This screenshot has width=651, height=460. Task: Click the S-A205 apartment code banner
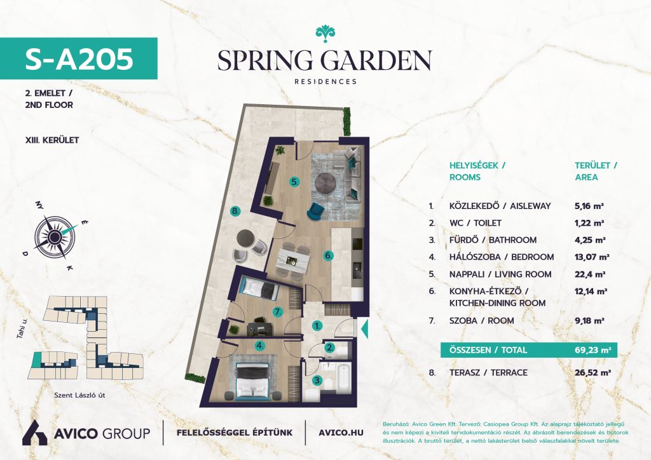(78, 58)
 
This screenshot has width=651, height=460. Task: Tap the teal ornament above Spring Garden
(325, 34)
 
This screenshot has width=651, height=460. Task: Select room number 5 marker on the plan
(294, 182)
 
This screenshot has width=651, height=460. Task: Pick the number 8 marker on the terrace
(236, 212)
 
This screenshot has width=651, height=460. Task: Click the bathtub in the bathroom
(344, 377)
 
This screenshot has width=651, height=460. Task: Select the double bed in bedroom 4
(253, 381)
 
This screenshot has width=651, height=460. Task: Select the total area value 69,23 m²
(593, 349)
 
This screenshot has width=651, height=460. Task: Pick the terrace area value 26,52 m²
(593, 372)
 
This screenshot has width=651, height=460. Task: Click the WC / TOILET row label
(476, 223)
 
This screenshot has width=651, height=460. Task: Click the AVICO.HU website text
(341, 433)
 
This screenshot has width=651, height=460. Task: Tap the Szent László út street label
(79, 395)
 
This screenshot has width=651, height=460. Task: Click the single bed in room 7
(259, 288)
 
